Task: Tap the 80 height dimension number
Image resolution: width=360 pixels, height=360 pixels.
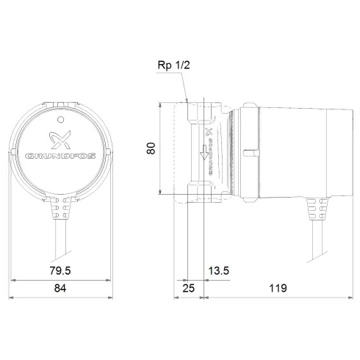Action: coord(151,148)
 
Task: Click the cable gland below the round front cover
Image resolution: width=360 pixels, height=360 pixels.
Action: coord(60,211)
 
